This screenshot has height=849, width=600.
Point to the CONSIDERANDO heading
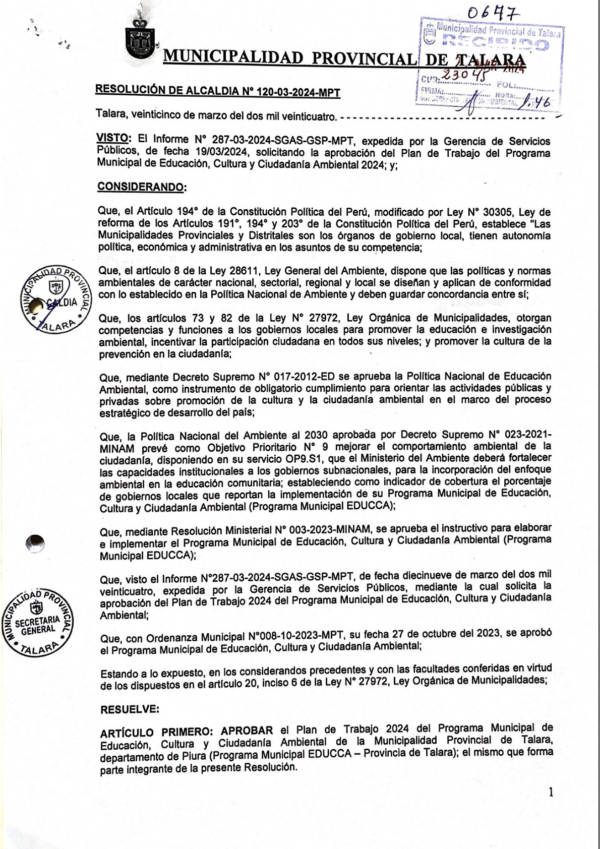click(x=142, y=187)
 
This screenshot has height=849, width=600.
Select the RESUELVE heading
click(x=130, y=709)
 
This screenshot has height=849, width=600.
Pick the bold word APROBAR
click(x=247, y=730)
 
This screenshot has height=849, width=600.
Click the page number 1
click(x=551, y=792)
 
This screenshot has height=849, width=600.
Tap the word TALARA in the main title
click(x=490, y=59)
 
